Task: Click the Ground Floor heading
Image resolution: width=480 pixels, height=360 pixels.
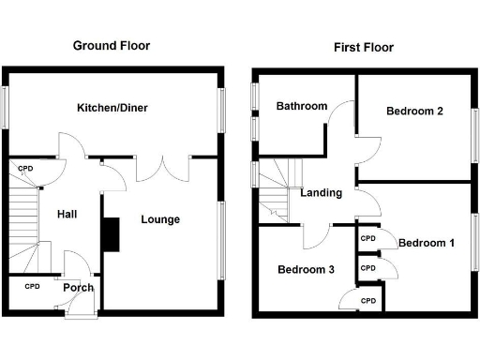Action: click(x=112, y=45)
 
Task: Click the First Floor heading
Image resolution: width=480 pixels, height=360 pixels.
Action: click(x=365, y=47)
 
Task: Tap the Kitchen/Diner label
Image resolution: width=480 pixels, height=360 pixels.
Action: click(x=112, y=108)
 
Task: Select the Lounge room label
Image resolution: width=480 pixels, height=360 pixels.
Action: click(x=160, y=219)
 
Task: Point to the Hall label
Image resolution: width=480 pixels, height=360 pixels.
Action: click(x=67, y=214)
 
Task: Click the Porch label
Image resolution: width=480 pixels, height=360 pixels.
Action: click(x=79, y=287)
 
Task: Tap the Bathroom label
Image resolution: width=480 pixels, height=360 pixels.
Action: click(x=301, y=107)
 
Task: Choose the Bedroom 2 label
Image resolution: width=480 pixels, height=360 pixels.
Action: click(x=414, y=111)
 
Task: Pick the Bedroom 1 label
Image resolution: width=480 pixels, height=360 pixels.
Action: click(x=427, y=243)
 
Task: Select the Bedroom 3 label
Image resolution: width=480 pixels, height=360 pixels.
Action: click(x=306, y=269)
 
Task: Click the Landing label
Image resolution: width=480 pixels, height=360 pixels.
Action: click(x=321, y=193)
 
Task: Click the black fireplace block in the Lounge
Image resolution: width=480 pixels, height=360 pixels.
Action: click(x=112, y=234)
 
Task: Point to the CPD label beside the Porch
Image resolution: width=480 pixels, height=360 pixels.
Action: click(x=32, y=286)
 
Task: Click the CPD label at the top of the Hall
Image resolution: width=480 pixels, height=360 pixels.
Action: click(x=25, y=169)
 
